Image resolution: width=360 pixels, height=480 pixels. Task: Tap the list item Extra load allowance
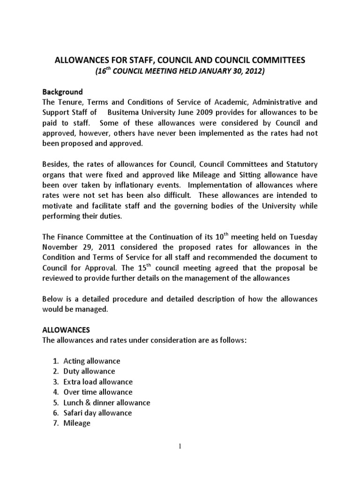point(98,382)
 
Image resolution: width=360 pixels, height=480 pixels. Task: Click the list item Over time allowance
point(98,392)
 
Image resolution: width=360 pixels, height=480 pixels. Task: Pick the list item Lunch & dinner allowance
point(107,402)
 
